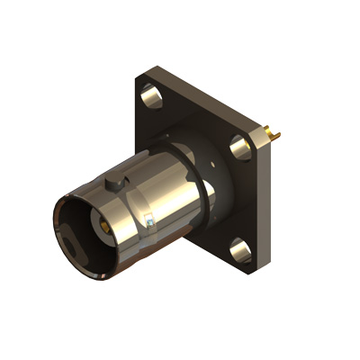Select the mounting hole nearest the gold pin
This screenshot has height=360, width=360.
pos(238,144)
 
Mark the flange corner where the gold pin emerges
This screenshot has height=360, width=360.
pos(263,130)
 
